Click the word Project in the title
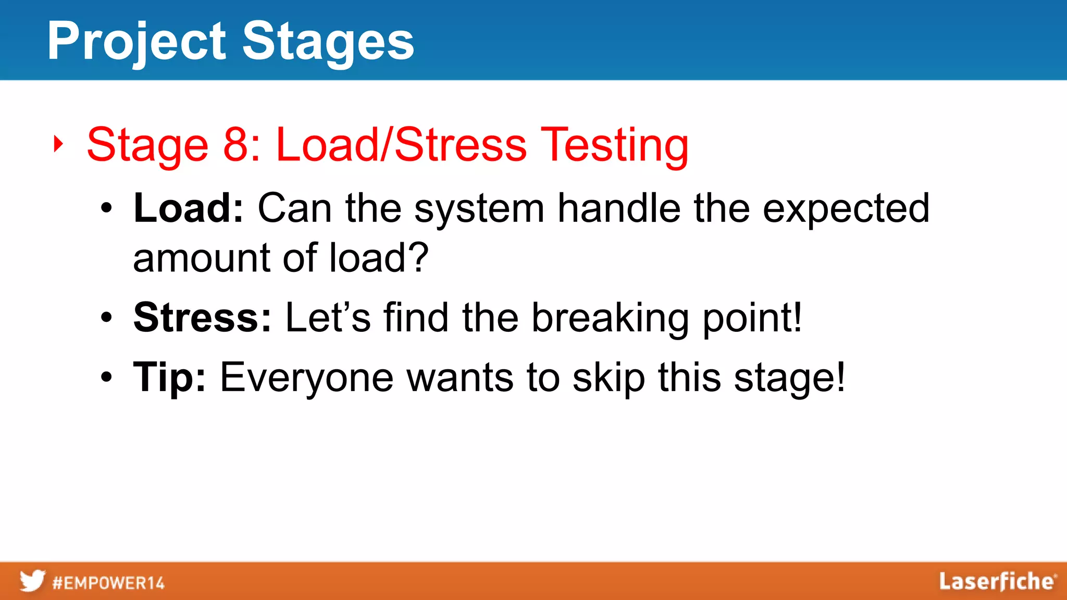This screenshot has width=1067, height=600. [x=137, y=42]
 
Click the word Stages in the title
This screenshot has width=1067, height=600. [x=328, y=42]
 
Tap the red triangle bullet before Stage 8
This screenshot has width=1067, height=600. [x=58, y=144]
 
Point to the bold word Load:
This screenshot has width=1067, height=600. [x=188, y=208]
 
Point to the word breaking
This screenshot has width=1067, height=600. [x=610, y=318]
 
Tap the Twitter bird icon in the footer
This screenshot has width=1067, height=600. [x=32, y=581]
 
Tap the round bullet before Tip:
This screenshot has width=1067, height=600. [x=106, y=378]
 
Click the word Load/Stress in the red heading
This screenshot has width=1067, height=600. [x=401, y=144]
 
